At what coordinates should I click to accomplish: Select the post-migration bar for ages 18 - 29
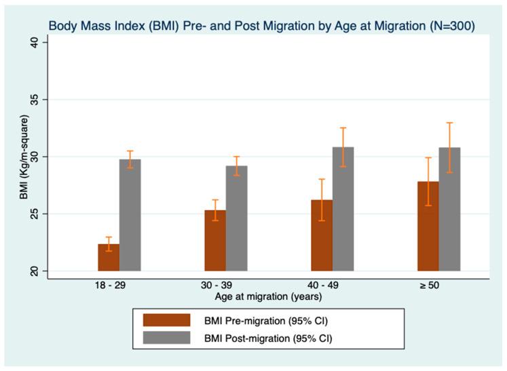(x=130, y=216)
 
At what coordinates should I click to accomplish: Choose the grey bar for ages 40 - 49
(x=343, y=209)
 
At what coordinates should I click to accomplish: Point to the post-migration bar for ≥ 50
(x=449, y=209)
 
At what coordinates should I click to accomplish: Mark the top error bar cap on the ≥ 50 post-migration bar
(x=449, y=123)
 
